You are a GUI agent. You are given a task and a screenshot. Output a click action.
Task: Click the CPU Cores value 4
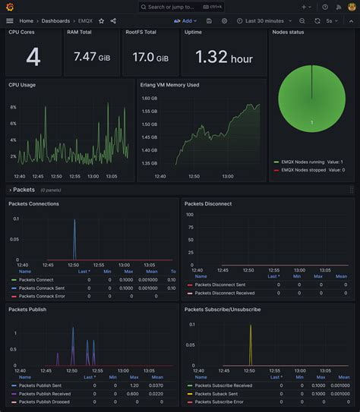pos(33,57)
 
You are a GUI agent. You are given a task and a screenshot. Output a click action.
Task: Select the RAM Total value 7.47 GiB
pos(91,57)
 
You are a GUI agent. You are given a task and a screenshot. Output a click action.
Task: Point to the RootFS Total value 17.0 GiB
pos(150,57)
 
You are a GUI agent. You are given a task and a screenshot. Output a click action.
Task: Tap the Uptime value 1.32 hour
pos(223,57)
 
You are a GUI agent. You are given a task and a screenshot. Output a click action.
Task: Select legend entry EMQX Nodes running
pos(303,162)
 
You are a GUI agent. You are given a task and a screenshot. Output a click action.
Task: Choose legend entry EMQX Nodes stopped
pos(304,170)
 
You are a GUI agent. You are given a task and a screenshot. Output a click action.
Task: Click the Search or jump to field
pos(180,7)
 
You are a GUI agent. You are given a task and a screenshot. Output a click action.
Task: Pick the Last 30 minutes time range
pos(264,21)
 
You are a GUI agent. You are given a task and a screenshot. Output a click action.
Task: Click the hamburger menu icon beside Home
pos(10,21)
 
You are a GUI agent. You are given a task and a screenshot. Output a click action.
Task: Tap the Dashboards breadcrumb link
pos(55,21)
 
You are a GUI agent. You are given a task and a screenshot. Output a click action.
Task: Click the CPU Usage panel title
pos(22,85)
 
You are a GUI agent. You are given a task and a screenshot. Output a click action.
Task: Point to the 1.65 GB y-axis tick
pos(150,109)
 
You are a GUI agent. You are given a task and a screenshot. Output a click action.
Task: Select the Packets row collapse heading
pos(23,190)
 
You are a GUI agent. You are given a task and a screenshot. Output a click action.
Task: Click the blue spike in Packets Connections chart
pos(74,239)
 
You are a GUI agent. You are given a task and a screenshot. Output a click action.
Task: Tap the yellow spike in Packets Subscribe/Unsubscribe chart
pos(251,345)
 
